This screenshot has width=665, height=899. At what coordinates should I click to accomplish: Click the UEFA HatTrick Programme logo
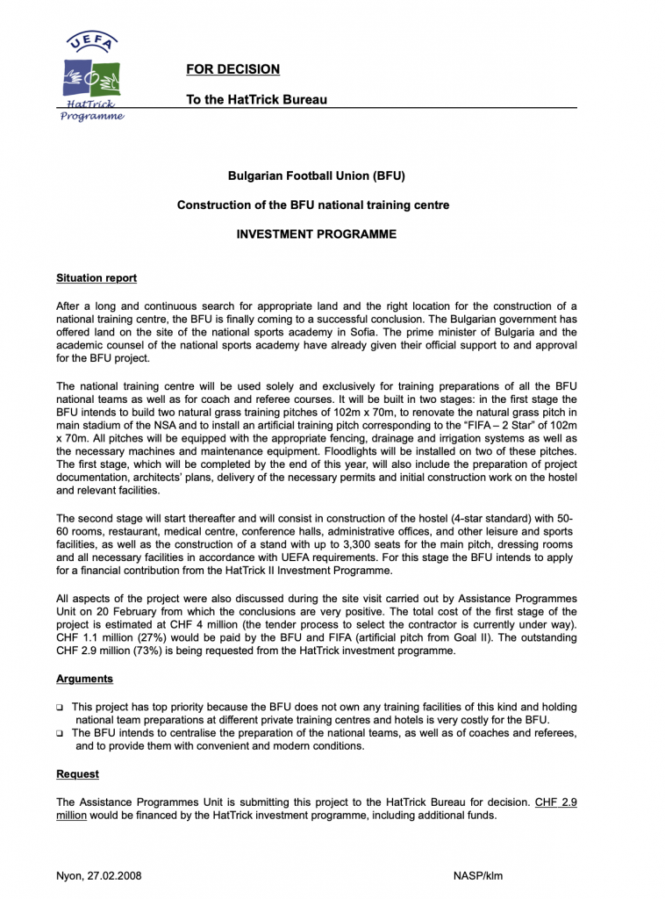(91, 77)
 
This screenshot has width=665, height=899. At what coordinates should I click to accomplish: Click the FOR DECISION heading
(232, 69)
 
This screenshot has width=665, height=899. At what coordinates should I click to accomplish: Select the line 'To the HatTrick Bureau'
(256, 99)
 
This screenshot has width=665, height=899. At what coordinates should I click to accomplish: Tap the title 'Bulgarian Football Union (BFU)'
(317, 176)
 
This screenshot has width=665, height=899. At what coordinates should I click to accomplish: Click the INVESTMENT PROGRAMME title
(317, 234)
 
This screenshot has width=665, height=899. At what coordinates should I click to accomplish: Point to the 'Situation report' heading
(97, 278)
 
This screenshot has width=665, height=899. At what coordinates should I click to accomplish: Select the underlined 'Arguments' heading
(84, 679)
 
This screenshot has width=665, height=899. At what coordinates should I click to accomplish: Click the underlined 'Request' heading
(77, 774)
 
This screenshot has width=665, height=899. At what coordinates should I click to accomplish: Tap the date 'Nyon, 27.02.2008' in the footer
(98, 876)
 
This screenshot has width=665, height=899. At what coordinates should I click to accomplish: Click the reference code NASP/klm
(478, 876)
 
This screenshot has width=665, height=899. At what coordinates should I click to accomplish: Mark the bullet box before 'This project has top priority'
(61, 707)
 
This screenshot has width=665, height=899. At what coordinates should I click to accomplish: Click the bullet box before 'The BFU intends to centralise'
(61, 733)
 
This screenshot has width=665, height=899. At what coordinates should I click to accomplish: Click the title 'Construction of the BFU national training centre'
(313, 205)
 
